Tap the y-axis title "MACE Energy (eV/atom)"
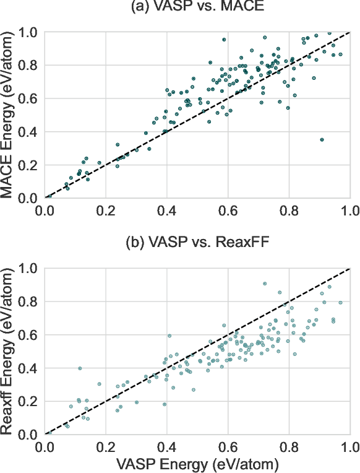coord(9,115)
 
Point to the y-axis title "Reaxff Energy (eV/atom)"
coord(9,351)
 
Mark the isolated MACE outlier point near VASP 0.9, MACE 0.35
coord(322,140)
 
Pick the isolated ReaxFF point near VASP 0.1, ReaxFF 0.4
coord(80,368)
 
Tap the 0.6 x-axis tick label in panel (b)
coord(228,446)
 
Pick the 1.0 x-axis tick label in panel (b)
coord(349,446)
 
